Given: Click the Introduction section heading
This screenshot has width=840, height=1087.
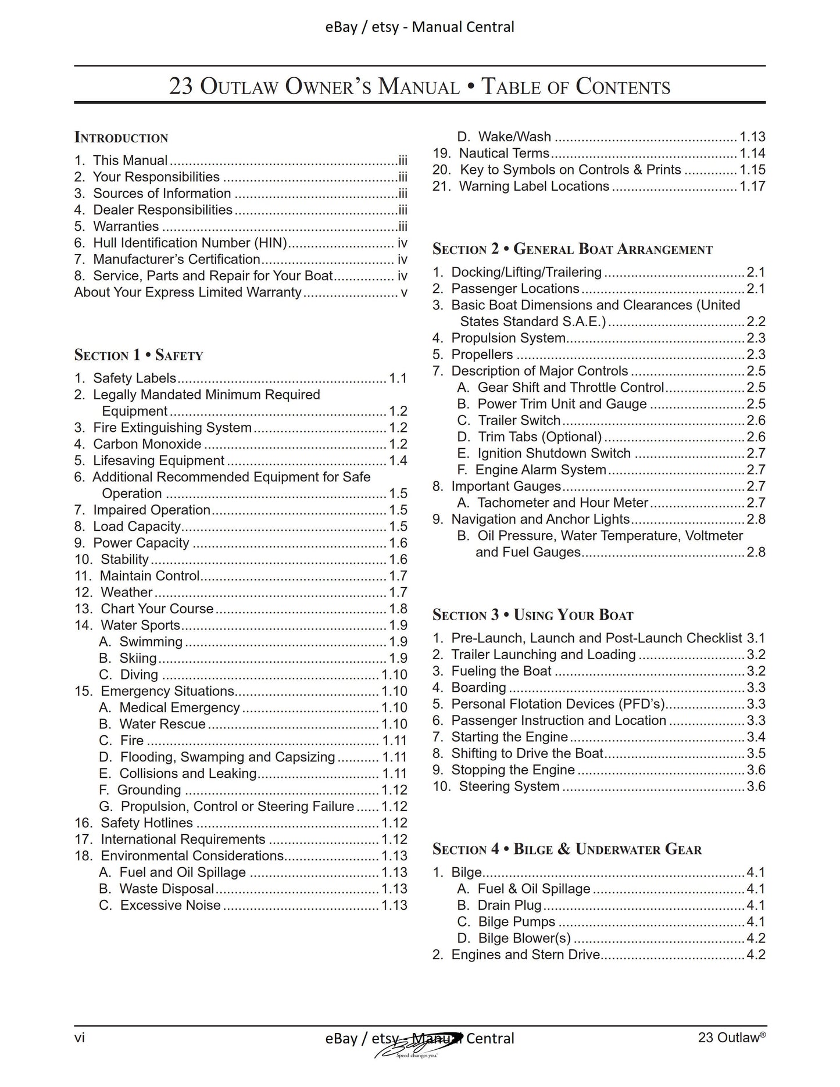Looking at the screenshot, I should click(x=121, y=138).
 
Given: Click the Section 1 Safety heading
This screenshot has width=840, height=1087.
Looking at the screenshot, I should click(x=138, y=355).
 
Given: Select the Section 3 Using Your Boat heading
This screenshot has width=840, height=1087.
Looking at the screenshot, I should click(x=532, y=615).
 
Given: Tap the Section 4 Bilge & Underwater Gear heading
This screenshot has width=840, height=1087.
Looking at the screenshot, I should click(x=567, y=849).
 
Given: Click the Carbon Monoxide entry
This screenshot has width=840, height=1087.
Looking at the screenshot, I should click(x=147, y=444).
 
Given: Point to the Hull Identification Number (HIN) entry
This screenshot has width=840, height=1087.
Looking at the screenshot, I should click(x=191, y=243).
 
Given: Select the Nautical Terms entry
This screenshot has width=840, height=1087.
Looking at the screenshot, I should click(x=503, y=153).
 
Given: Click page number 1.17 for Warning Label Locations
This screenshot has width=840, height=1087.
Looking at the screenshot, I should click(x=752, y=187).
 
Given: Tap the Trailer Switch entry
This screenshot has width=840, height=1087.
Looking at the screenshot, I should click(x=519, y=420).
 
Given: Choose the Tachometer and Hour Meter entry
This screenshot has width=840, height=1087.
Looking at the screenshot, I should click(x=562, y=503).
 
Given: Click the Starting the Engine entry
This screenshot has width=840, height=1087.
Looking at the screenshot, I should click(x=509, y=737).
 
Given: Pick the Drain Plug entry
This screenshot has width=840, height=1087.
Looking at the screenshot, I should click(x=509, y=906).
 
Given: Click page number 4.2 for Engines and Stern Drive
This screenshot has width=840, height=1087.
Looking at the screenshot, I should click(x=756, y=955).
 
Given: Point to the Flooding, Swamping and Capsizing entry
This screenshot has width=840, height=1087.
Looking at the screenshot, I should click(x=227, y=757).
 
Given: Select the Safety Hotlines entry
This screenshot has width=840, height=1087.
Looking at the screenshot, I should click(x=146, y=823).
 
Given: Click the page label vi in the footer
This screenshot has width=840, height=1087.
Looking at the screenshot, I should click(x=80, y=1038).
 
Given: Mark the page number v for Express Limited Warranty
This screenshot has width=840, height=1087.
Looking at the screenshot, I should click(x=404, y=292).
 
